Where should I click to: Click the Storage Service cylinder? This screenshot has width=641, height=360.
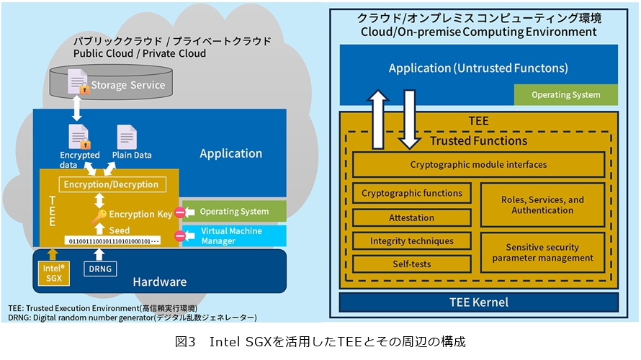click(x=111, y=82)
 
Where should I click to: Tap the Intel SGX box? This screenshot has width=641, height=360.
click(x=53, y=273)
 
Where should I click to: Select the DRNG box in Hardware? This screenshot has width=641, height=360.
click(x=100, y=269)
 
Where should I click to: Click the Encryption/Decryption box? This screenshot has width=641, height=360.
click(x=112, y=184)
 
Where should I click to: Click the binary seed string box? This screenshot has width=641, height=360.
click(x=112, y=241)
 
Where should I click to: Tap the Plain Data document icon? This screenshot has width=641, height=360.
click(x=127, y=137)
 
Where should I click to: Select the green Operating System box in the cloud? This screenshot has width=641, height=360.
click(x=234, y=211)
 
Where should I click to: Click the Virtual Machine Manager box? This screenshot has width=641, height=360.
click(x=234, y=235)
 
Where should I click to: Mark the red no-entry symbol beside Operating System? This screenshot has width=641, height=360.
click(x=180, y=212)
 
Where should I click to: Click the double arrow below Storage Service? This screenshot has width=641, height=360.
click(x=76, y=108)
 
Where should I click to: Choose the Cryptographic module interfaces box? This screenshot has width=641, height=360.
click(x=478, y=165)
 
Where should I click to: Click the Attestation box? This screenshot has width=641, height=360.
click(x=412, y=217)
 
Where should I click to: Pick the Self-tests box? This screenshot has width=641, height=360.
click(x=412, y=264)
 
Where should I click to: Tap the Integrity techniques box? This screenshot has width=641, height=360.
click(x=412, y=241)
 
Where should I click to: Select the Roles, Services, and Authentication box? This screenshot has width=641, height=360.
click(x=542, y=204)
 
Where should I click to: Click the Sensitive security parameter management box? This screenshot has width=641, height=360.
click(x=542, y=253)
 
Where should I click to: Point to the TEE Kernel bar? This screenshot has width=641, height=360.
click(x=479, y=302)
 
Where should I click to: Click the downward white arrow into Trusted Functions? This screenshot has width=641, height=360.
click(x=409, y=120)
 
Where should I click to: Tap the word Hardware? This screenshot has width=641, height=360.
click(x=160, y=282)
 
